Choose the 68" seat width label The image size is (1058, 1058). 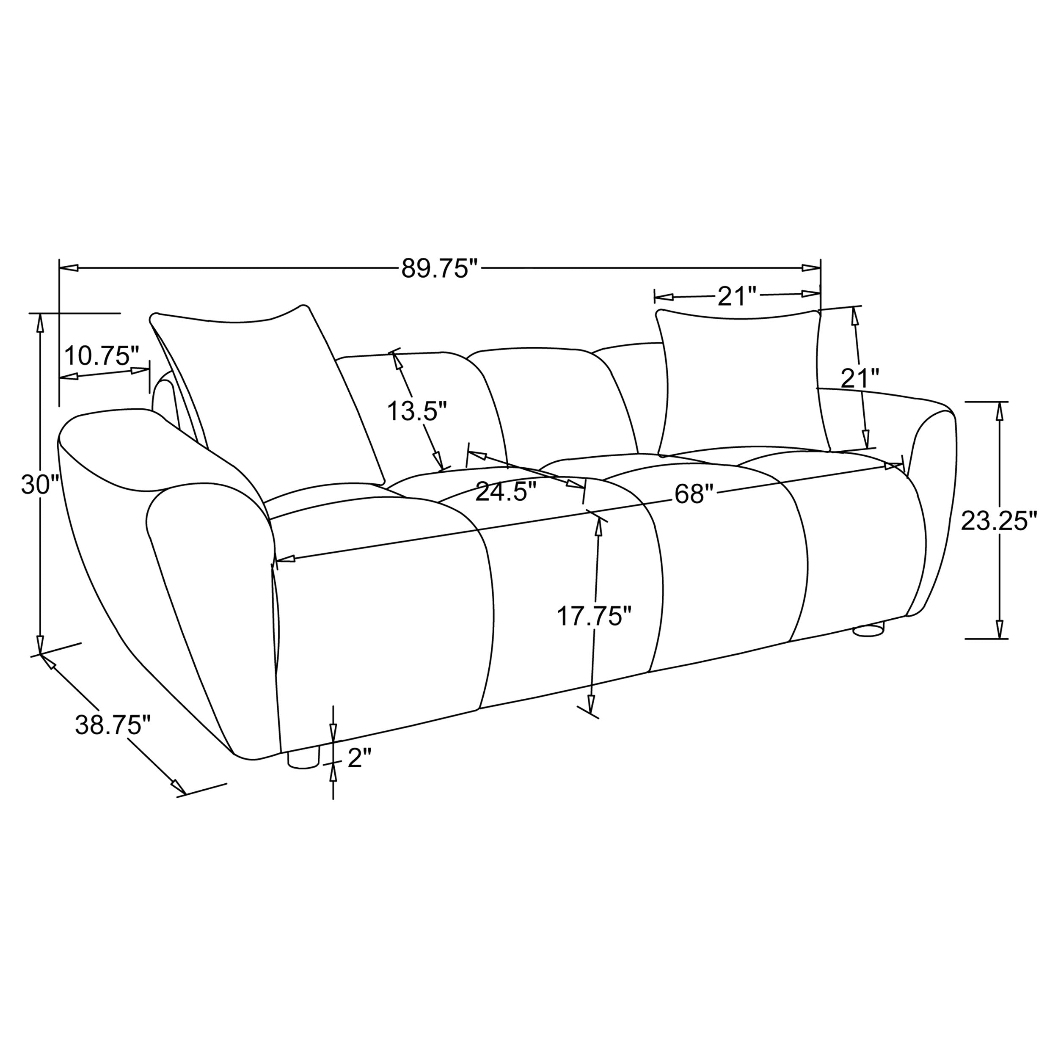pyautogui.click(x=694, y=494)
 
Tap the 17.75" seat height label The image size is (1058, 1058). pyautogui.click(x=594, y=616)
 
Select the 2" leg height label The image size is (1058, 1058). pyautogui.click(x=359, y=758)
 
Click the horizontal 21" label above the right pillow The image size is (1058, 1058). pyautogui.click(x=736, y=296)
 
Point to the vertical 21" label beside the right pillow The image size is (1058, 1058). pyautogui.click(x=860, y=378)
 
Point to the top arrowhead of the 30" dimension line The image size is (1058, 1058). pyautogui.click(x=39, y=324)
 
